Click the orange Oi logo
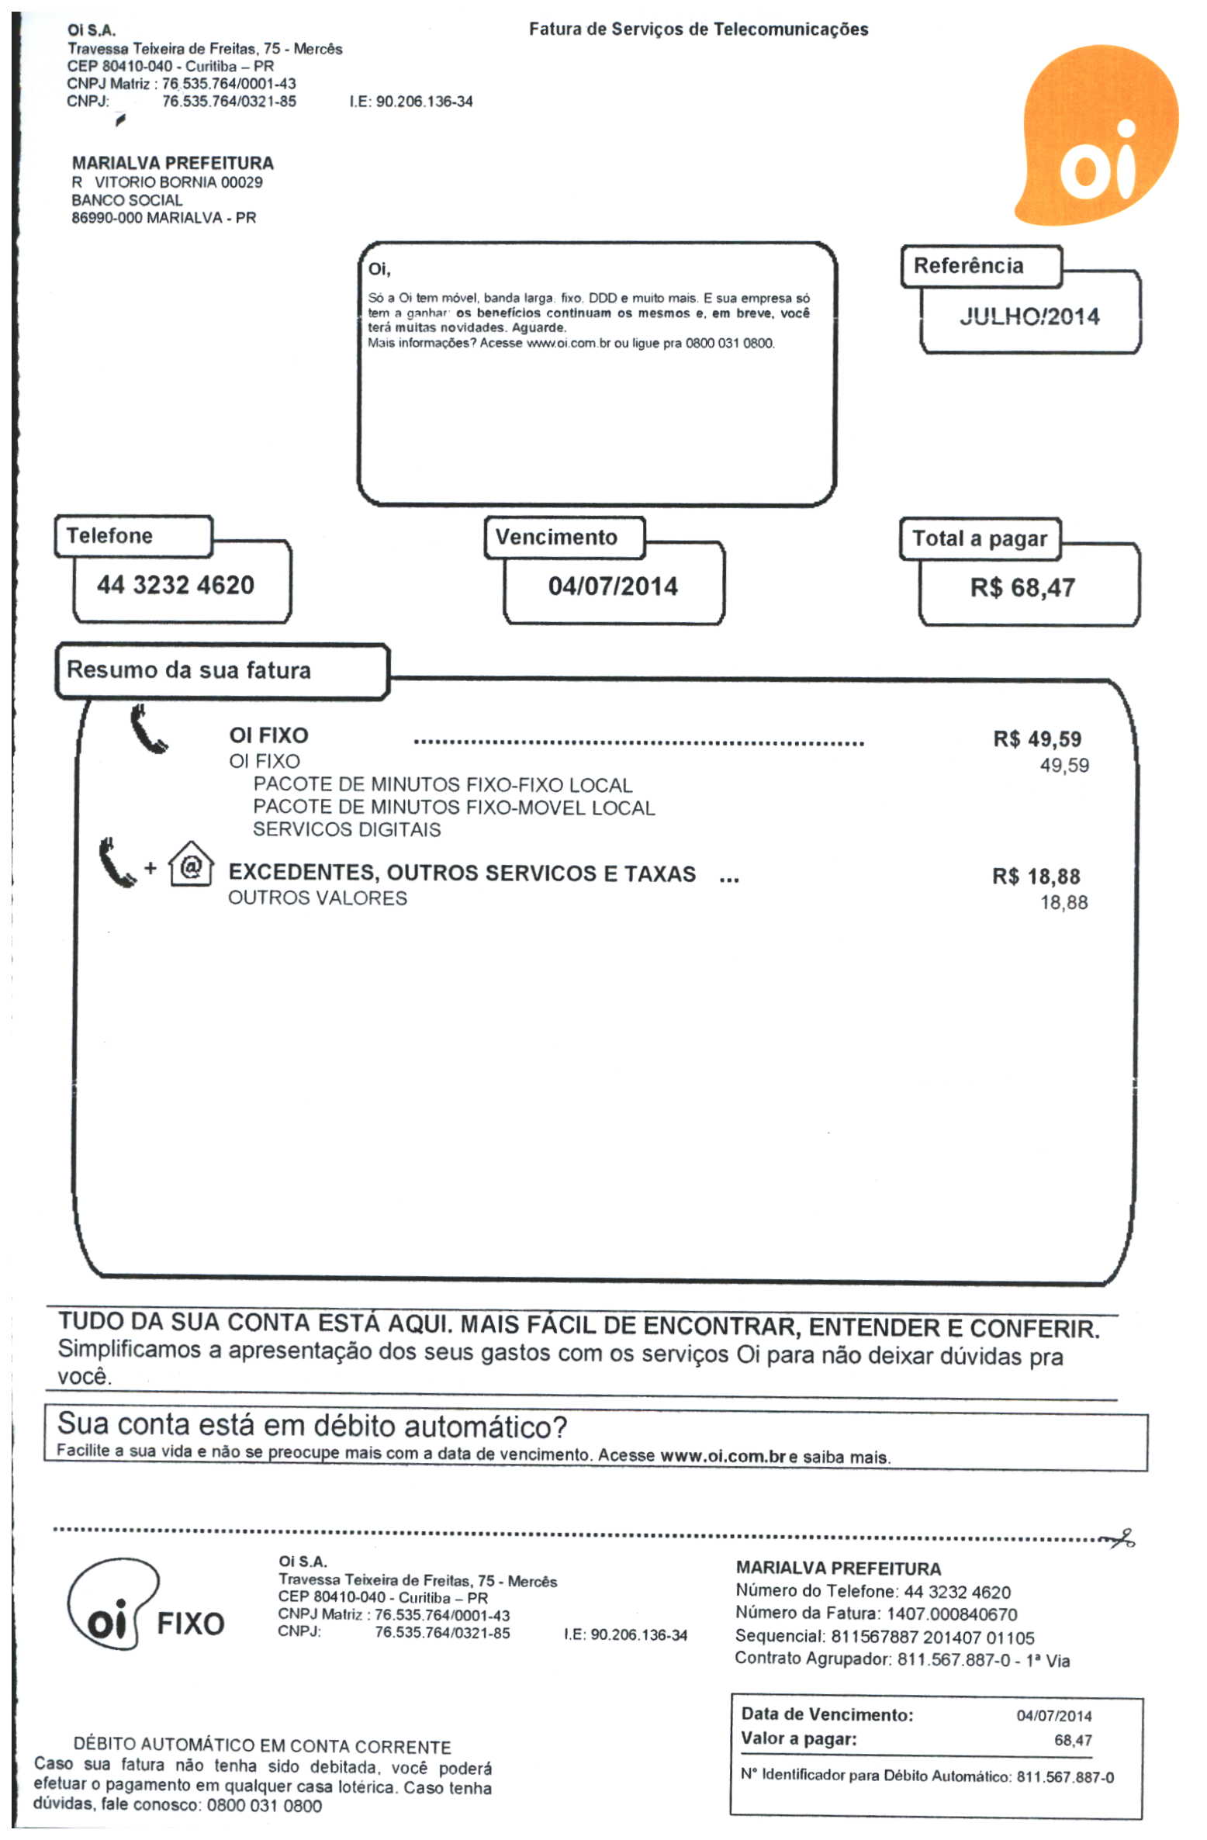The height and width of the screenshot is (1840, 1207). tap(1098, 136)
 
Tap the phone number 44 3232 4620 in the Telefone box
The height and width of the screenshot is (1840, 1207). tap(175, 586)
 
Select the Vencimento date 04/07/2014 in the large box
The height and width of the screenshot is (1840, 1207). tap(612, 587)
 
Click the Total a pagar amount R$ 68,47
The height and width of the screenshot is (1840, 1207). tap(1022, 589)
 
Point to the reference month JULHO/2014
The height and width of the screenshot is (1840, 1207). tap(1029, 316)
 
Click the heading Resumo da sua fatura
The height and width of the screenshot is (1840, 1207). tap(188, 670)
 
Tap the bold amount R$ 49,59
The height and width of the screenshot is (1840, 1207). tap(1036, 739)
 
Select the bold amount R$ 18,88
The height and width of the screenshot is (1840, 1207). tap(1036, 877)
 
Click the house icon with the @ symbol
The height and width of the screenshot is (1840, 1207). tap(191, 864)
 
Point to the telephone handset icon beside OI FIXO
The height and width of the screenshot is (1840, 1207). tap(147, 729)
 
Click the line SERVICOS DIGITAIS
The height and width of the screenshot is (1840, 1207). tap(346, 830)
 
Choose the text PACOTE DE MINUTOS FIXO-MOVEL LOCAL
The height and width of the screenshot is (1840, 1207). tap(454, 808)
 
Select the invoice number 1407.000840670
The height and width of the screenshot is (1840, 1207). tap(952, 1615)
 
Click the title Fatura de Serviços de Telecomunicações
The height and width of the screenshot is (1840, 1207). tap(698, 29)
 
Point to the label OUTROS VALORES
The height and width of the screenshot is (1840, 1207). tap(317, 898)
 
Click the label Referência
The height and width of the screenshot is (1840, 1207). tap(967, 266)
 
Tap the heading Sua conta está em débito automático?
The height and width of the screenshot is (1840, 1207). tap(312, 1426)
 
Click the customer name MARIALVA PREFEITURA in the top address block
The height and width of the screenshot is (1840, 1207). tap(172, 164)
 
